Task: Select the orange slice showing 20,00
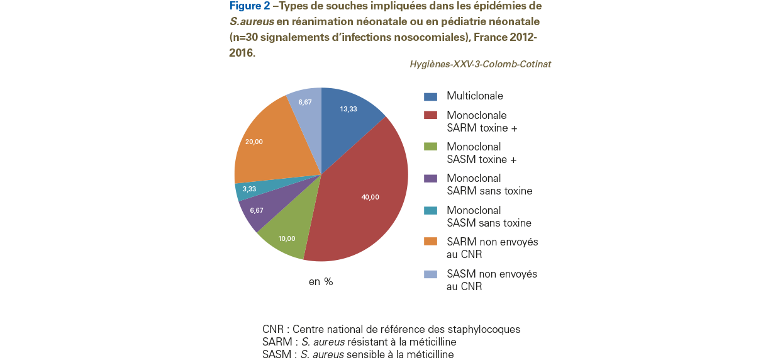(268, 143)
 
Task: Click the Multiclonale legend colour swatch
(430, 96)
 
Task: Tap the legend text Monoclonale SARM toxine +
(482, 121)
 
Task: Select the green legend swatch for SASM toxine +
(430, 147)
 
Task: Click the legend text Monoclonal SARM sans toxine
(489, 184)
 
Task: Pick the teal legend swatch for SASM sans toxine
(430, 210)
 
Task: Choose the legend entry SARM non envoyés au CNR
(493, 248)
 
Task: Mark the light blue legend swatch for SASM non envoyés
(430, 274)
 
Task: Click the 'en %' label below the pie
(321, 281)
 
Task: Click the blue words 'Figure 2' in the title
(250, 6)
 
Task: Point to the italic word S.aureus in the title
(252, 21)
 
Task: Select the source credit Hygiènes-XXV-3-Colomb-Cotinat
(480, 64)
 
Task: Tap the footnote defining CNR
(391, 329)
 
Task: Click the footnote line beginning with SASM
(358, 354)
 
